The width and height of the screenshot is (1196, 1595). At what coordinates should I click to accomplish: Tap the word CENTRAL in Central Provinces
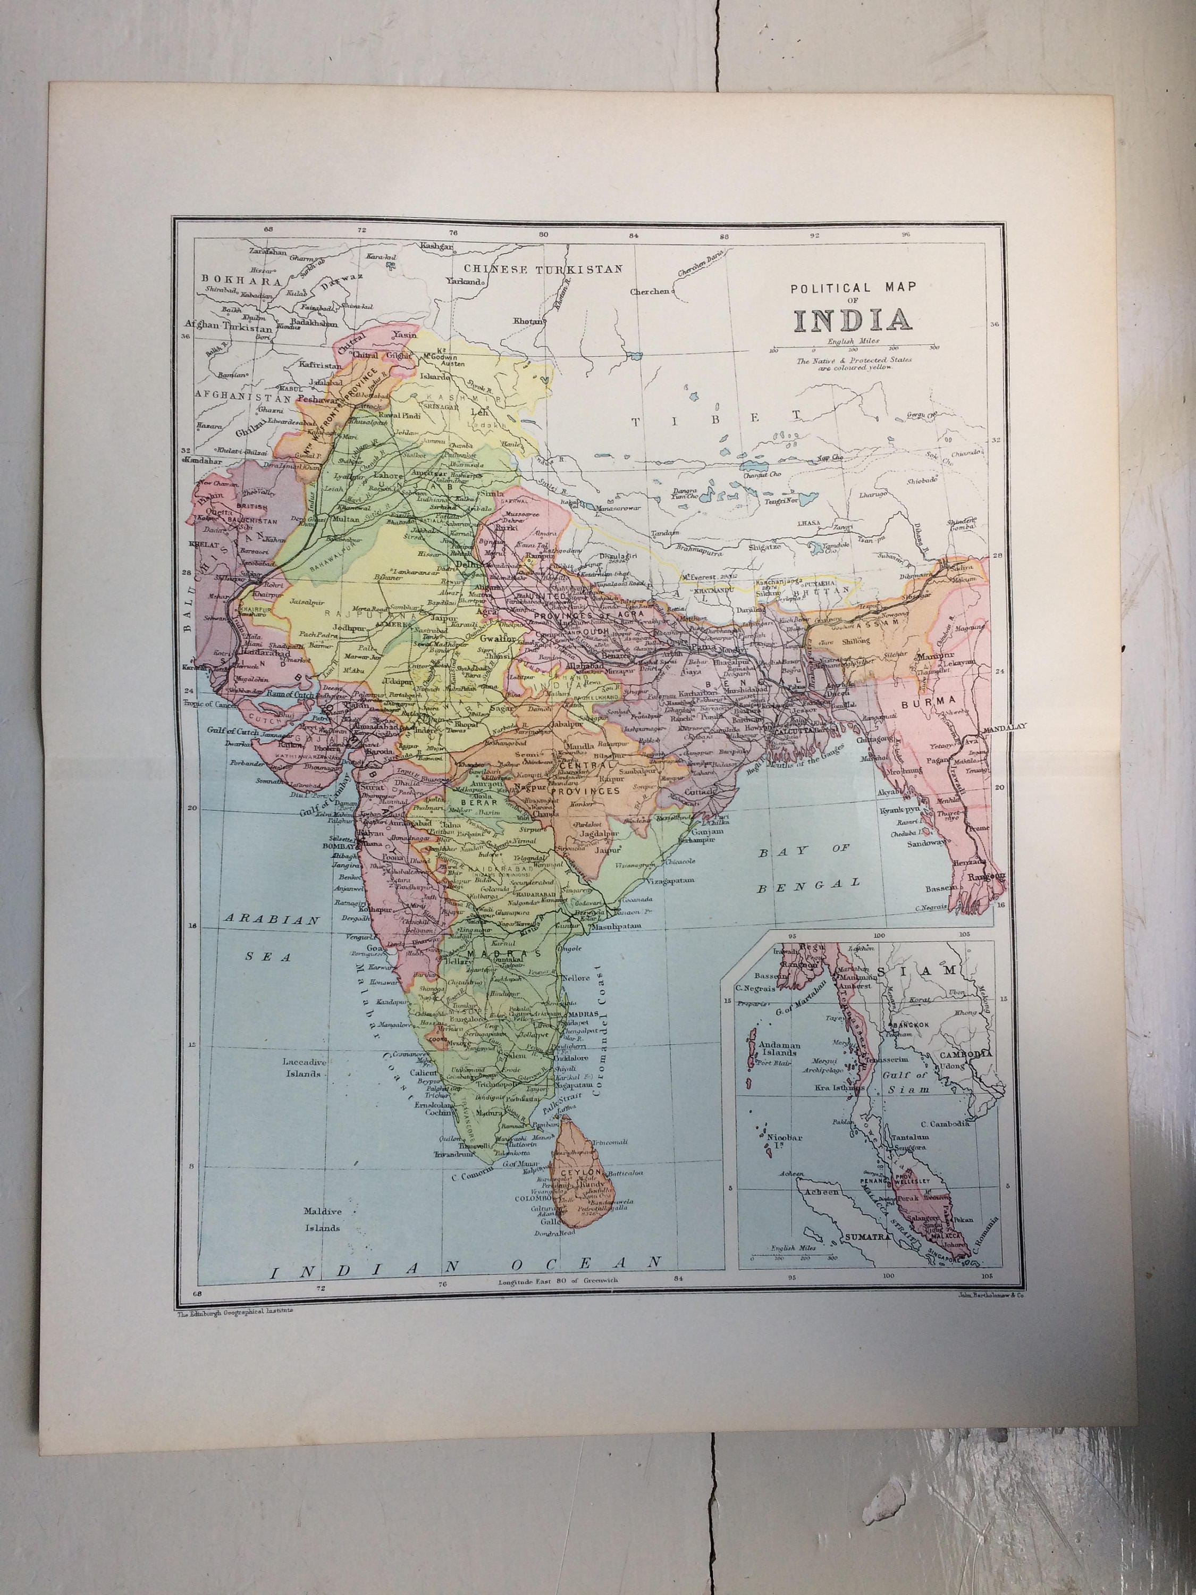[x=577, y=765]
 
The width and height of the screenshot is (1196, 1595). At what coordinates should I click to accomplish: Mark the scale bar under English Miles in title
[x=854, y=347]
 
